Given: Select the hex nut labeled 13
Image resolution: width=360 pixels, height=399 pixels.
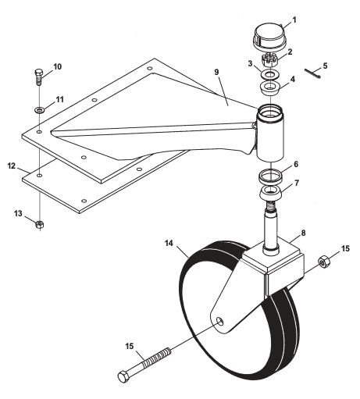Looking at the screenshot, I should pyautogui.click(x=39, y=224).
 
